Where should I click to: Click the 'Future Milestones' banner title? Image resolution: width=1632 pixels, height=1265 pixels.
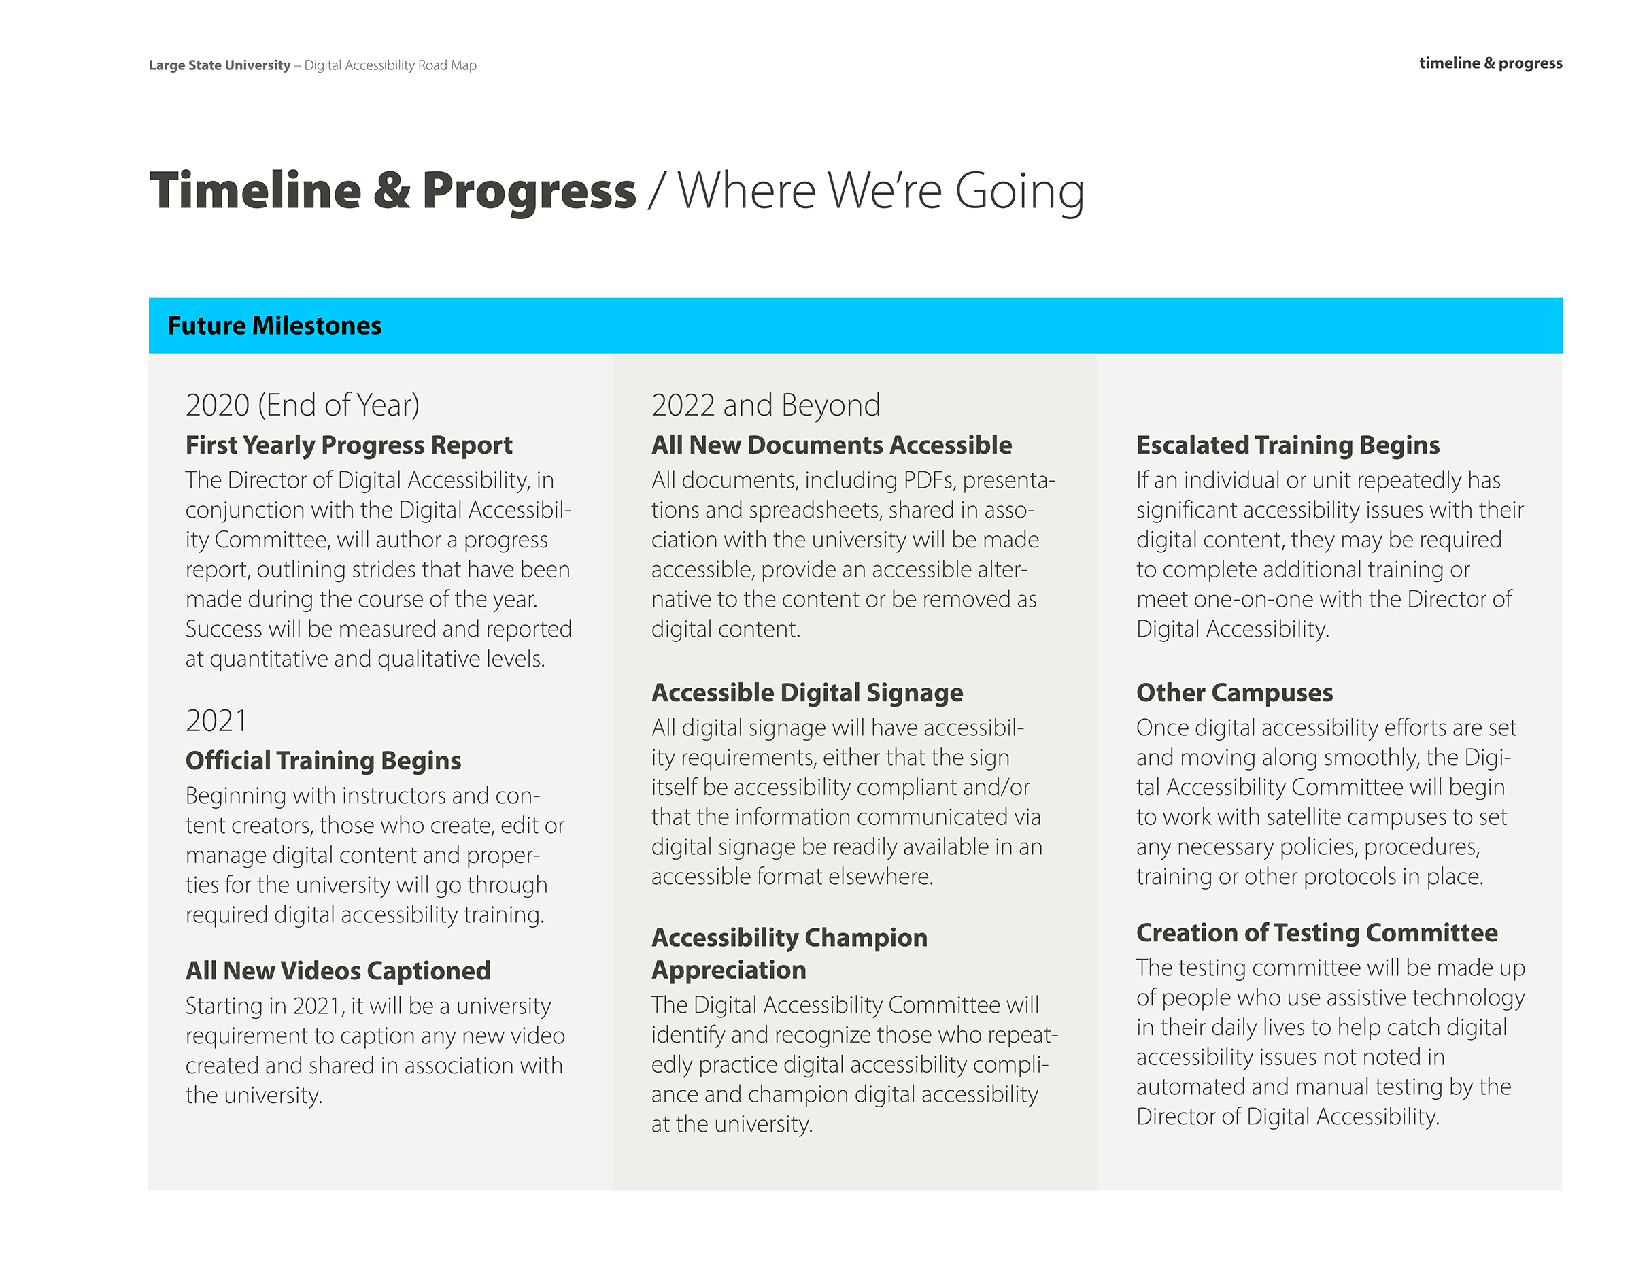[274, 326]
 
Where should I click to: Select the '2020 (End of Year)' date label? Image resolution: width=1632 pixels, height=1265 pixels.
[303, 405]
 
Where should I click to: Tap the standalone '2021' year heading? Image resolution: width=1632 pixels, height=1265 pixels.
[216, 721]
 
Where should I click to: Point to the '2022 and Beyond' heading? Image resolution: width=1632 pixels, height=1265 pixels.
[766, 405]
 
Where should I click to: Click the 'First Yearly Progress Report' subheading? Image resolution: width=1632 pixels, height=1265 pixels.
[349, 445]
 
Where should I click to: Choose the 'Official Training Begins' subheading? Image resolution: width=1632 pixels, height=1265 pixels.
[324, 760]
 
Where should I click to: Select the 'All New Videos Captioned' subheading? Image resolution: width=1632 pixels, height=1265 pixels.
[338, 971]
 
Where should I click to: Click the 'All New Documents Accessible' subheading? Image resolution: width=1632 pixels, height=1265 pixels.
[832, 445]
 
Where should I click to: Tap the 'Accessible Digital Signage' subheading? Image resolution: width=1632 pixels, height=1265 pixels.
[807, 692]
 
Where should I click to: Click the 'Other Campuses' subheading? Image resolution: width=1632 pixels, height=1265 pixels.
[1234, 692]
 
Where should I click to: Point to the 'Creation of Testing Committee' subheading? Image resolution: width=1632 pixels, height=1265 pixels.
[1316, 932]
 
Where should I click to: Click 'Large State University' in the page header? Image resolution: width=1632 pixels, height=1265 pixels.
[220, 65]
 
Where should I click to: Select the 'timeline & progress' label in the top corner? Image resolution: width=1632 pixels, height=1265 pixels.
[1491, 63]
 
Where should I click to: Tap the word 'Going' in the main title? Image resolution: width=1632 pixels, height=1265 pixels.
[1019, 192]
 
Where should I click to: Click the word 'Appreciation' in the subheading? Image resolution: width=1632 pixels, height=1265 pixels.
[728, 970]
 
